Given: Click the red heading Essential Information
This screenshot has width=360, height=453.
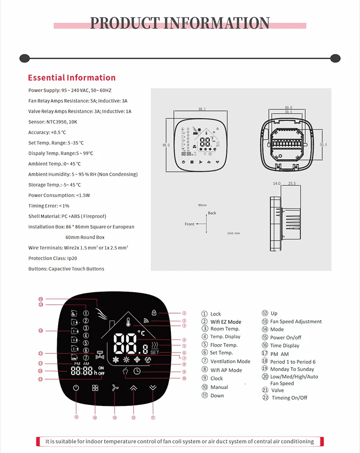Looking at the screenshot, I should click(72, 78).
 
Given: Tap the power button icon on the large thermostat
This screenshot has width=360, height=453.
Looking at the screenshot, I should click(76, 387).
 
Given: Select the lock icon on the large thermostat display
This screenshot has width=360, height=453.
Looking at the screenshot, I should click(154, 312).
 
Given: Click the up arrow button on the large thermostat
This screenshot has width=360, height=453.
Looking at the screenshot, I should click(133, 387).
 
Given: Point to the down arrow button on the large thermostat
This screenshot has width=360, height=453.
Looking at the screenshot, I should click(153, 387).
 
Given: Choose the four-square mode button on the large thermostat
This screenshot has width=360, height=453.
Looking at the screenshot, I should click(95, 387).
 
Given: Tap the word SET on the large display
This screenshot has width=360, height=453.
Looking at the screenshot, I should click(155, 352).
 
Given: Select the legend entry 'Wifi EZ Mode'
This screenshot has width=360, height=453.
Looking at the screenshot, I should click(226, 322).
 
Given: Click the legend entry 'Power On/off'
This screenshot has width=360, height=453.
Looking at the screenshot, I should click(286, 337).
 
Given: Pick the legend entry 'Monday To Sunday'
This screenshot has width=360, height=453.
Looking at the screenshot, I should click(292, 369).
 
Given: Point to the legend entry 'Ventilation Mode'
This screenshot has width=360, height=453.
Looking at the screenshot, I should click(230, 361).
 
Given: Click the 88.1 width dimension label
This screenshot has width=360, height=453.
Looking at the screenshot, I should click(201, 110).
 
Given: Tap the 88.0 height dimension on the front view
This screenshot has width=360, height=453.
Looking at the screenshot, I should click(166, 145).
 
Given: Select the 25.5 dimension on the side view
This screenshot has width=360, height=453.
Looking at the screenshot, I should click(292, 184).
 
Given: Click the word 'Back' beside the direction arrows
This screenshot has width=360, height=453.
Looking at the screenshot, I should click(212, 213).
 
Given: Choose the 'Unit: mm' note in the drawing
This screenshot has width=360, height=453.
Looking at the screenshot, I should click(233, 233).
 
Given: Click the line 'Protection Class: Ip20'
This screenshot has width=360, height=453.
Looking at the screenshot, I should click(52, 258).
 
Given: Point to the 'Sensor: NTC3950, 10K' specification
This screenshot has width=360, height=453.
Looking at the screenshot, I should click(52, 122).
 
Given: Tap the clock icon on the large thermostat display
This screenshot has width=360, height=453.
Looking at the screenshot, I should click(137, 371).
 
